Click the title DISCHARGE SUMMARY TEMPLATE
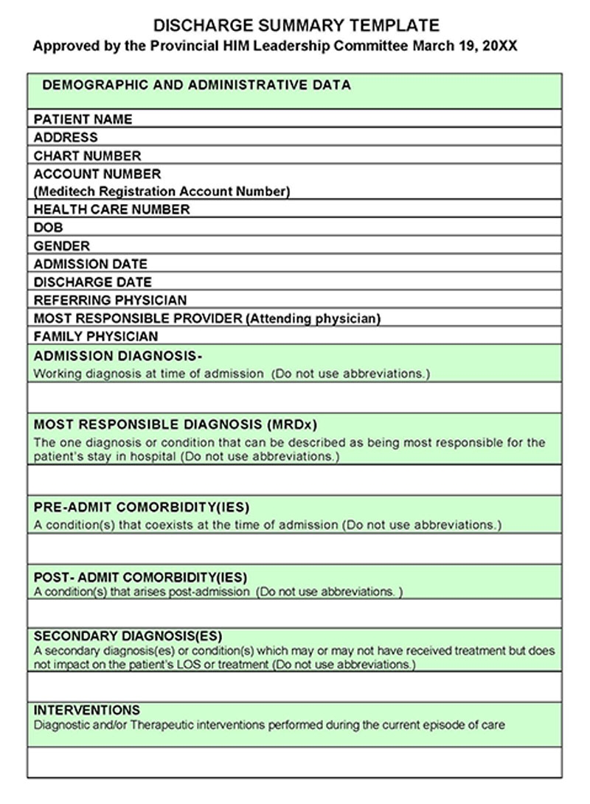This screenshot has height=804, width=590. coord(296,26)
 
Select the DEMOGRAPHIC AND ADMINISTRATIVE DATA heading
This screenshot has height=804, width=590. coord(196,85)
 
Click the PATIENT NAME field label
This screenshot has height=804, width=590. coord(83,119)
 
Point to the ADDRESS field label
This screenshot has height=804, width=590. coord(66,137)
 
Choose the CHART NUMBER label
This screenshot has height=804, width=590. coord(87,155)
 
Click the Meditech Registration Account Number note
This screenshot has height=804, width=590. coord(162,192)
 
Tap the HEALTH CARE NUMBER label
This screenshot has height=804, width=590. coord(111,209)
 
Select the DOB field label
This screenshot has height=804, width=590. coord(49,228)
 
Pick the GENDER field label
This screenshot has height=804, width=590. coord(62,246)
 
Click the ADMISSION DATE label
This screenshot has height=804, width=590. coord(90,264)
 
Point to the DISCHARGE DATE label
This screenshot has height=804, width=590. coord(92,282)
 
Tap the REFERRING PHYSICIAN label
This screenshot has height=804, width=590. coord(110,300)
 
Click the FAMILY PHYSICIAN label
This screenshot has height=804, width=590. coord(96,336)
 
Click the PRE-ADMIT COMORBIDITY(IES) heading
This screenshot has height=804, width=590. coord(142,508)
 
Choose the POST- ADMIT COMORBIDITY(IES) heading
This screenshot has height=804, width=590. coord(140,577)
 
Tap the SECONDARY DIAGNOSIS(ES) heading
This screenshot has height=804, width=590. coord(128,636)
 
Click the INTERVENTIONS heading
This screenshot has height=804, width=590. coord(87,710)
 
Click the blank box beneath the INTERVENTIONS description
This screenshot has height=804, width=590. coord(294,762)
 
